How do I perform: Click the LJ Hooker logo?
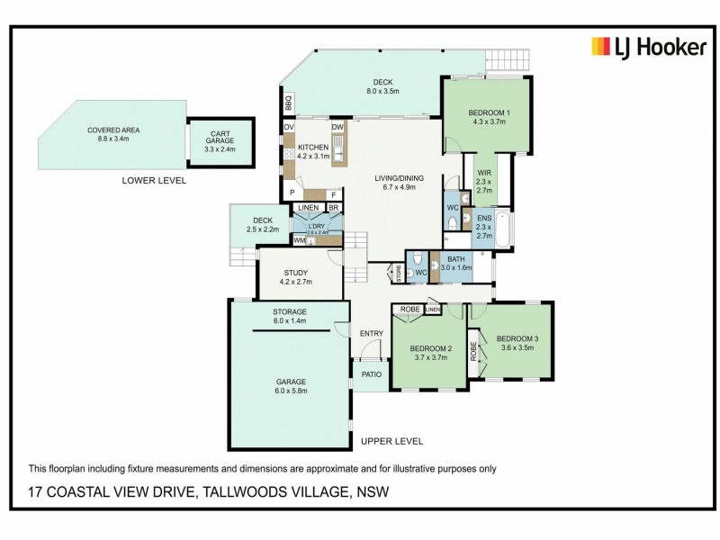648,48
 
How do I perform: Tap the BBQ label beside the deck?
289,103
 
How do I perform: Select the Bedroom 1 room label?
487,117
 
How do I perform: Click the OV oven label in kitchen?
289,128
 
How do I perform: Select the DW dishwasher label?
337,128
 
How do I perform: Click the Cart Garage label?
220,140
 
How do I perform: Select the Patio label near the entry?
371,374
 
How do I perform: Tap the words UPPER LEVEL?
391,441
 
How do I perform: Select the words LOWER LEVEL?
153,180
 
